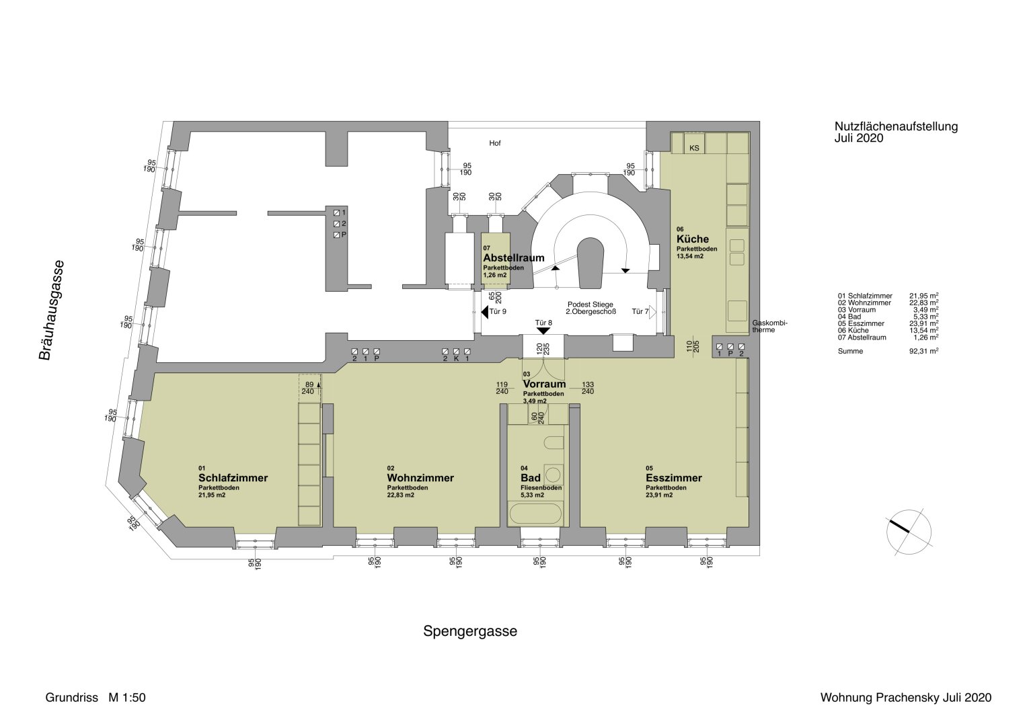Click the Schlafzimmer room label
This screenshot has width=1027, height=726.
pos(233,478)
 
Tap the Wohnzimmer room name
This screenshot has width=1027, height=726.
pos(420,478)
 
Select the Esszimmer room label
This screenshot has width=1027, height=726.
pos(674,478)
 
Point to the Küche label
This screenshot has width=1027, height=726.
pos(693,239)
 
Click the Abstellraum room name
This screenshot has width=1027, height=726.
pos(514,258)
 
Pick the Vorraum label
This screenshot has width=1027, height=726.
pos(544,384)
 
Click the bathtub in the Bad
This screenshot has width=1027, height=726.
pos(535,514)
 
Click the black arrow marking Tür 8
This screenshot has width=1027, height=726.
pos(543,331)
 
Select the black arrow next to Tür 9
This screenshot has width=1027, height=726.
pos(485,312)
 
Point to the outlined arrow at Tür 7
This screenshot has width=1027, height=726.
pos(653,312)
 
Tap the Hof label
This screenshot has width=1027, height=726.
pos(495,143)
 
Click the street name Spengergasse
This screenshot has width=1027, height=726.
pos(470,632)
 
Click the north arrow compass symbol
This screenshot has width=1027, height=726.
pos(909,532)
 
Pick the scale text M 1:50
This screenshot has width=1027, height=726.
pos(127,698)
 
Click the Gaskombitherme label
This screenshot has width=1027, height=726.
pos(770,326)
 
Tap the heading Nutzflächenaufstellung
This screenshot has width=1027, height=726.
pos(896,127)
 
